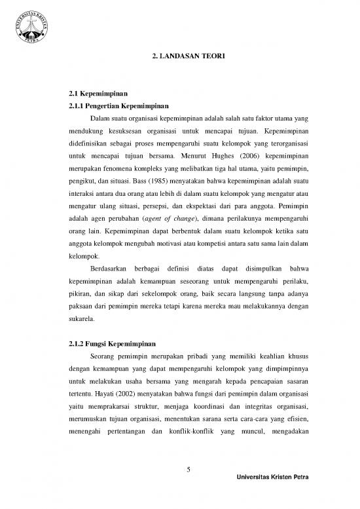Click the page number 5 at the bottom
click(187, 468)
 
